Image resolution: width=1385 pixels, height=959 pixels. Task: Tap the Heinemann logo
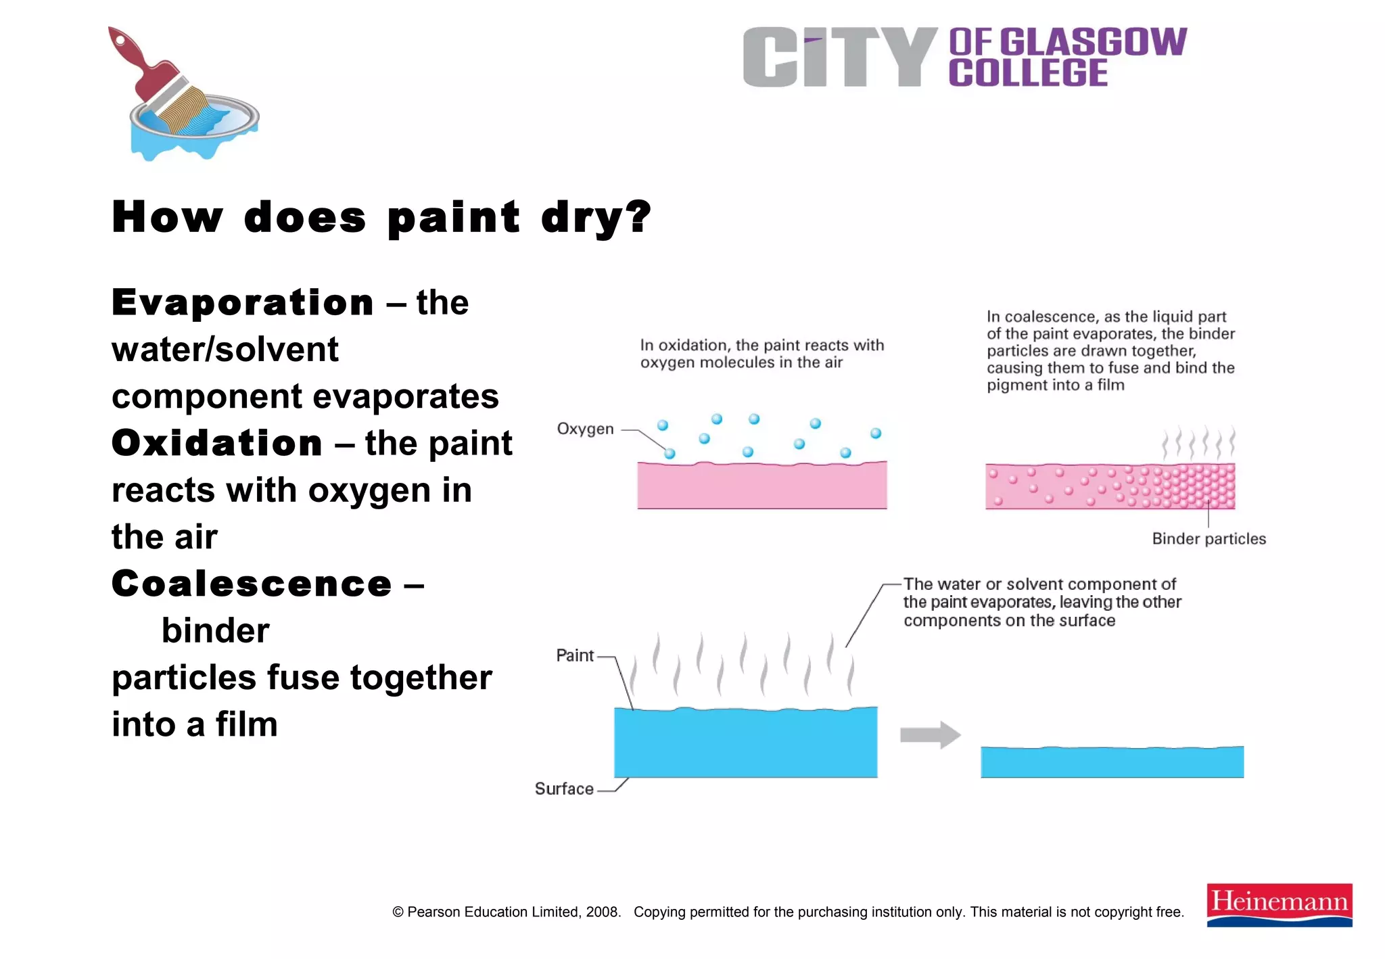1279,904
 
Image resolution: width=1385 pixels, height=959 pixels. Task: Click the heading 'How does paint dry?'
381,217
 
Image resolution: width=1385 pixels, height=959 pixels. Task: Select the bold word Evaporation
243,302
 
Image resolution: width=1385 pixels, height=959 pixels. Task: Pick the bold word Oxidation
217,444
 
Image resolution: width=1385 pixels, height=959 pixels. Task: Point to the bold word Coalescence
252,584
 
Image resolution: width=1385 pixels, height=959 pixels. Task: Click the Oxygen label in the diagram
585,429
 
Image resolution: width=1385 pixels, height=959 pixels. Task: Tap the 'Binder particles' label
1208,539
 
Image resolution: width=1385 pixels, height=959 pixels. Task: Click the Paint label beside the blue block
575,655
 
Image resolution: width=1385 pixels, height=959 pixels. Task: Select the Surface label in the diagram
564,789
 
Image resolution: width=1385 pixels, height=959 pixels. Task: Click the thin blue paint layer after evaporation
1112,762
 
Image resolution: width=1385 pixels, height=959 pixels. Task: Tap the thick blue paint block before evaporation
745,743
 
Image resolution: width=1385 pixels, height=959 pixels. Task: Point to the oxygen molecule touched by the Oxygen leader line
670,453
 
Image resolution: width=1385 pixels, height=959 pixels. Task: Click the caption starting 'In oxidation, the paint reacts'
761,354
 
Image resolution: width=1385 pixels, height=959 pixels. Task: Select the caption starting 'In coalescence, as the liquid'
1110,350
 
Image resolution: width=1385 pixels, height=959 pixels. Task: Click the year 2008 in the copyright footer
601,912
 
